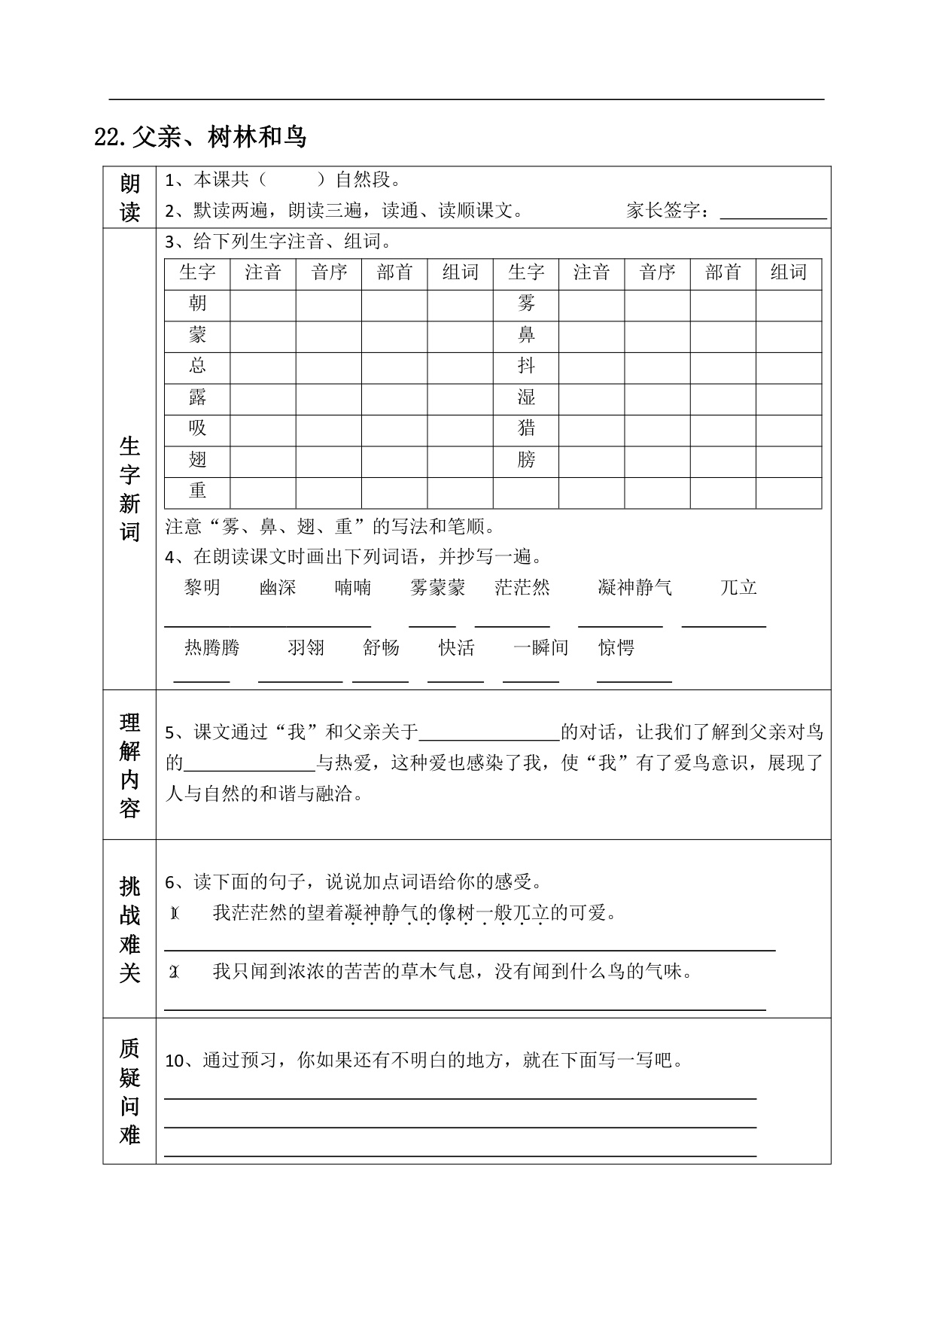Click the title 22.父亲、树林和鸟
(x=200, y=137)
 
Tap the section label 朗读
(x=129, y=197)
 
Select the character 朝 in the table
(x=197, y=303)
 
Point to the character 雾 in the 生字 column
(x=526, y=303)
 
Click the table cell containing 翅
(x=197, y=460)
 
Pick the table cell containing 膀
(x=526, y=460)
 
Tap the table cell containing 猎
(x=526, y=428)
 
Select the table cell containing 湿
(x=526, y=397)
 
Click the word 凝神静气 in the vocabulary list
(x=634, y=588)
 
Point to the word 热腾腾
(x=211, y=648)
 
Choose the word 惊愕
(x=616, y=648)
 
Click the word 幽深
(x=278, y=588)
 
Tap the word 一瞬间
(x=540, y=648)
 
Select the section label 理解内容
(x=129, y=765)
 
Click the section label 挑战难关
(x=129, y=929)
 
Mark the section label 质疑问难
(x=129, y=1091)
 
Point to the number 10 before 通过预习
(x=174, y=1061)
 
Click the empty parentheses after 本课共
(x=290, y=180)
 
